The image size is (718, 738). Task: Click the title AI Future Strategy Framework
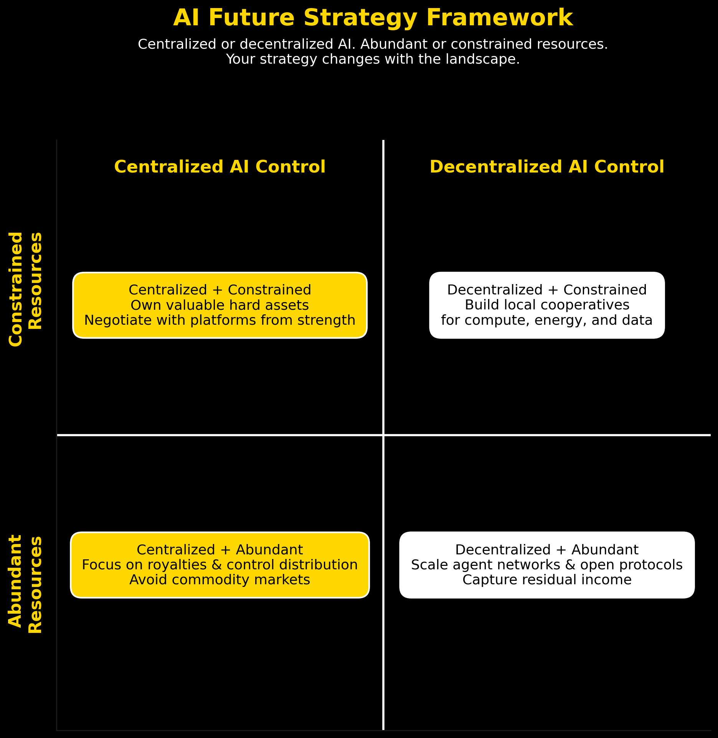pyautogui.click(x=373, y=18)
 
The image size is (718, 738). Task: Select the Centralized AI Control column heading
pyautogui.click(x=220, y=167)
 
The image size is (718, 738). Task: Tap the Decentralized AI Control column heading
pyautogui.click(x=547, y=167)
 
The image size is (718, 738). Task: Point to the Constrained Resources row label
pyautogui.click(x=25, y=289)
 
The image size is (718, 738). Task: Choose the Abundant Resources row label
pyautogui.click(x=25, y=584)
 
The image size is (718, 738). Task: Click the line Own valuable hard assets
pyautogui.click(x=220, y=306)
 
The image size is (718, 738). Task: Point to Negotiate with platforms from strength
pyautogui.click(x=220, y=321)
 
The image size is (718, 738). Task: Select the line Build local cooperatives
pyautogui.click(x=547, y=305)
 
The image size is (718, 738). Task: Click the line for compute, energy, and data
pyautogui.click(x=547, y=321)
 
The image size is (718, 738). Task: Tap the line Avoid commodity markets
pyautogui.click(x=220, y=580)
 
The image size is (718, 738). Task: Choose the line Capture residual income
pyautogui.click(x=547, y=580)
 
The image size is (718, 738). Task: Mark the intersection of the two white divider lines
pyautogui.click(x=383, y=435)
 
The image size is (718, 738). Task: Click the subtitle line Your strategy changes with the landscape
pyautogui.click(x=373, y=59)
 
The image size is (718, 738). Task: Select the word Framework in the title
pyautogui.click(x=500, y=18)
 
